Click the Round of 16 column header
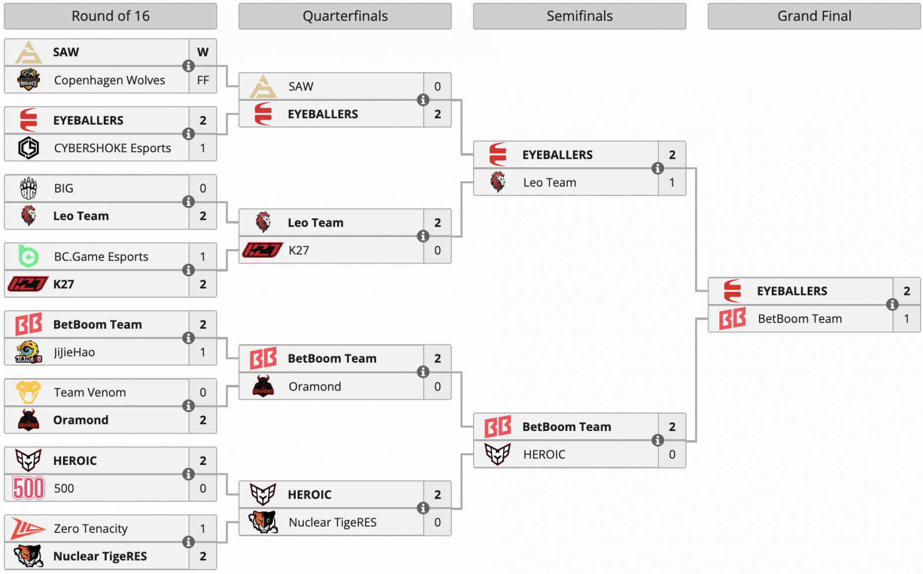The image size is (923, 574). coord(110,16)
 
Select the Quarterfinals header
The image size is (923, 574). coord(345,16)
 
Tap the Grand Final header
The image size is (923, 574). coord(814,16)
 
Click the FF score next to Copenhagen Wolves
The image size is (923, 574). coord(202,80)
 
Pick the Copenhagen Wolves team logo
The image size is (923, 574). coord(28,80)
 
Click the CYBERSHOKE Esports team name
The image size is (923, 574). coord(112,148)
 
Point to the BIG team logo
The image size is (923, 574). coord(28,188)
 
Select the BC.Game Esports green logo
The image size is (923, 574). coord(28,256)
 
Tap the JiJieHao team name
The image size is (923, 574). coord(74,352)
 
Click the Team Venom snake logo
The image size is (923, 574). coord(28,392)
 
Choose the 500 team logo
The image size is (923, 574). coord(28,488)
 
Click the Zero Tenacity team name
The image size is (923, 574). coord(91,528)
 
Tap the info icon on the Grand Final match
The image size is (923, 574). coord(892,305)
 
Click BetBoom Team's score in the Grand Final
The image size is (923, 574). coord(906,319)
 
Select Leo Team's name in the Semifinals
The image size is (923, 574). coord(550,183)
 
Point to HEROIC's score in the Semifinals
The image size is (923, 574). coord(672,455)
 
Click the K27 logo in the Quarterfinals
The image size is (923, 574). coord(262,250)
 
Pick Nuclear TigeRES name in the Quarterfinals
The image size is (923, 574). coord(332,523)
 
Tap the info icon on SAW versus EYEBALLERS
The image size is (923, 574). coord(423,100)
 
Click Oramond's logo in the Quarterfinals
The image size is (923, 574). coord(263,387)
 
